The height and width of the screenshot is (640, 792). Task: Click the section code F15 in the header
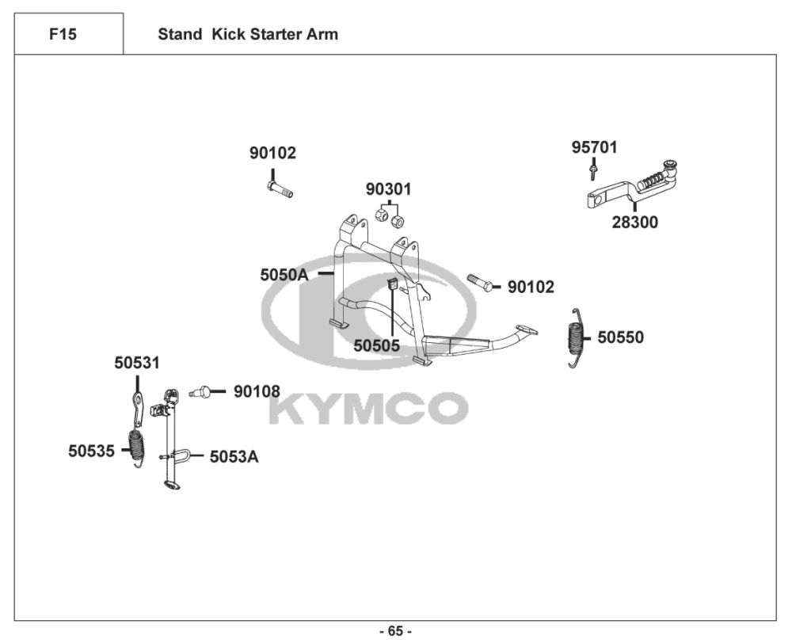click(63, 34)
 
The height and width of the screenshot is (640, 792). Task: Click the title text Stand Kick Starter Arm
click(248, 34)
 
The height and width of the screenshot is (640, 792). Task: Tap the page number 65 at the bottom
click(396, 631)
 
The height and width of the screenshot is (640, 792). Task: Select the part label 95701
click(595, 147)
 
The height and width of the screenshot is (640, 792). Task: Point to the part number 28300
click(634, 223)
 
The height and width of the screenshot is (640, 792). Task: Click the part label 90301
click(388, 189)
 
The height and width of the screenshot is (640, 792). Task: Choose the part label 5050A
click(284, 275)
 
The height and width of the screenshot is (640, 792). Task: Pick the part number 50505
click(376, 345)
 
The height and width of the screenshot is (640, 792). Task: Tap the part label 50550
click(620, 337)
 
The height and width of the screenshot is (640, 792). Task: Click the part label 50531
click(136, 363)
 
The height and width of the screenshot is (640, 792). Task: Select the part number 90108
click(256, 391)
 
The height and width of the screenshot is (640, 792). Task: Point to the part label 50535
click(91, 451)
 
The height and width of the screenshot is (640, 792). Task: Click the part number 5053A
click(234, 456)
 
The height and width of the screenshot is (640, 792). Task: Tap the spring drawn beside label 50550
click(577, 337)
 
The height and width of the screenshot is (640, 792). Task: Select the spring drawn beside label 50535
click(138, 448)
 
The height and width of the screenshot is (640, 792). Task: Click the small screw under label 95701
click(592, 170)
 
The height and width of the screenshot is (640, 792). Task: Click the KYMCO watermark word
click(369, 408)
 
